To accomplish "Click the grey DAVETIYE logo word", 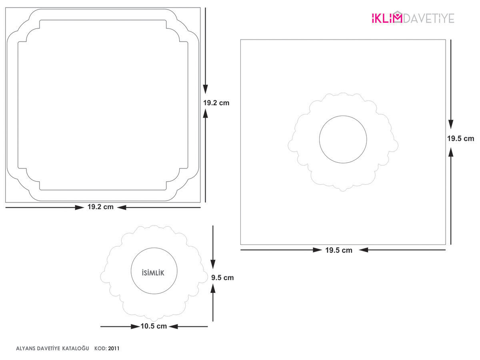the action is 428,18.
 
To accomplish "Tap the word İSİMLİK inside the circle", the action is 153,272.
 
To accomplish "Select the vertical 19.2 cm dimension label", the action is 216,103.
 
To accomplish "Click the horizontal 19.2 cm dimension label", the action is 100,207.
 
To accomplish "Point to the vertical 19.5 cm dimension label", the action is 460,138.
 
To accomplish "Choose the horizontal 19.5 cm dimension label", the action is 339,250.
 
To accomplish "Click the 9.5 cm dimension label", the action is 222,278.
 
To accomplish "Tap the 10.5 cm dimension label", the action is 154,326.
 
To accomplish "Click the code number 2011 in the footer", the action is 114,348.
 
